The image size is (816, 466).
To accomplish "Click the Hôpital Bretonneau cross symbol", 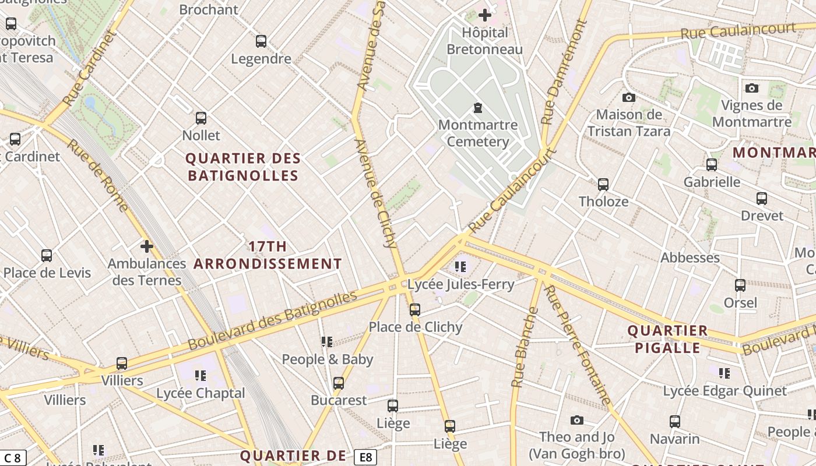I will [x=484, y=16].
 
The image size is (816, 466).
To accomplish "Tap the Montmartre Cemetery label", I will [x=477, y=133].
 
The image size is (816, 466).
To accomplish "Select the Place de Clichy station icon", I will [x=414, y=310].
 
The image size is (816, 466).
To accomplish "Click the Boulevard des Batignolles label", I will [x=272, y=322].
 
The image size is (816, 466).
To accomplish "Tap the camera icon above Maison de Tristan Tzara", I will [x=628, y=97].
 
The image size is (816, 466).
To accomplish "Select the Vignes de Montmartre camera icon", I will [x=752, y=88].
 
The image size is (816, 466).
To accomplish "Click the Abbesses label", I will [x=690, y=257].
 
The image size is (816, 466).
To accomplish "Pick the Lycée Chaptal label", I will [x=201, y=393].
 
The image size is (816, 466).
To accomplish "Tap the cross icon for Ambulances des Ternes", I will [x=146, y=246].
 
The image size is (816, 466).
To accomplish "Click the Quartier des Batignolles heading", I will [x=242, y=167].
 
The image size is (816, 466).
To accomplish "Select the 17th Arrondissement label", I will [x=268, y=255].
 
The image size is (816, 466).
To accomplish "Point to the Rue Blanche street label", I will [x=524, y=348].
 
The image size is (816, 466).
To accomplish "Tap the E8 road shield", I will [x=365, y=457].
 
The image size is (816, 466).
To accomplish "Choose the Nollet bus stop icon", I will [x=201, y=118].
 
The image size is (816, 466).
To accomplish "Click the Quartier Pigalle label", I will [x=667, y=339].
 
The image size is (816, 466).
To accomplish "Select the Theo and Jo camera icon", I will [x=576, y=420].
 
